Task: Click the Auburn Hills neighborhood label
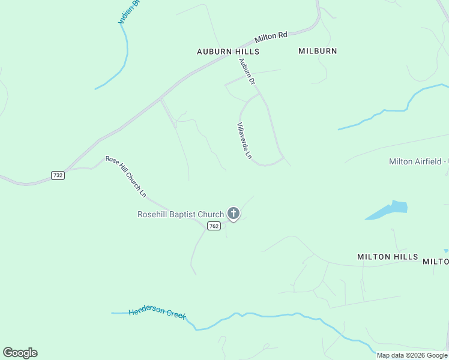pos(228,52)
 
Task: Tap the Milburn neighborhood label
pos(318,51)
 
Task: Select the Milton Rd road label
pos(271,37)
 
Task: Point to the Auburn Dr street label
pos(247,71)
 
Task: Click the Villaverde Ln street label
pos(244,141)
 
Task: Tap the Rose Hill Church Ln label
pos(126,176)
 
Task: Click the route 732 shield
pos(58,175)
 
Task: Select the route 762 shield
pos(214,226)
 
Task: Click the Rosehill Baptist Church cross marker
pos(234,214)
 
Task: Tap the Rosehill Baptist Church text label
pos(180,214)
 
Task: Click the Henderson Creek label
pos(157,313)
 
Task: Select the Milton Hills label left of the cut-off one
pos(387,257)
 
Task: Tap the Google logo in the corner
pos(20,353)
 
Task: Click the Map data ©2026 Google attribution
pos(412,355)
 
